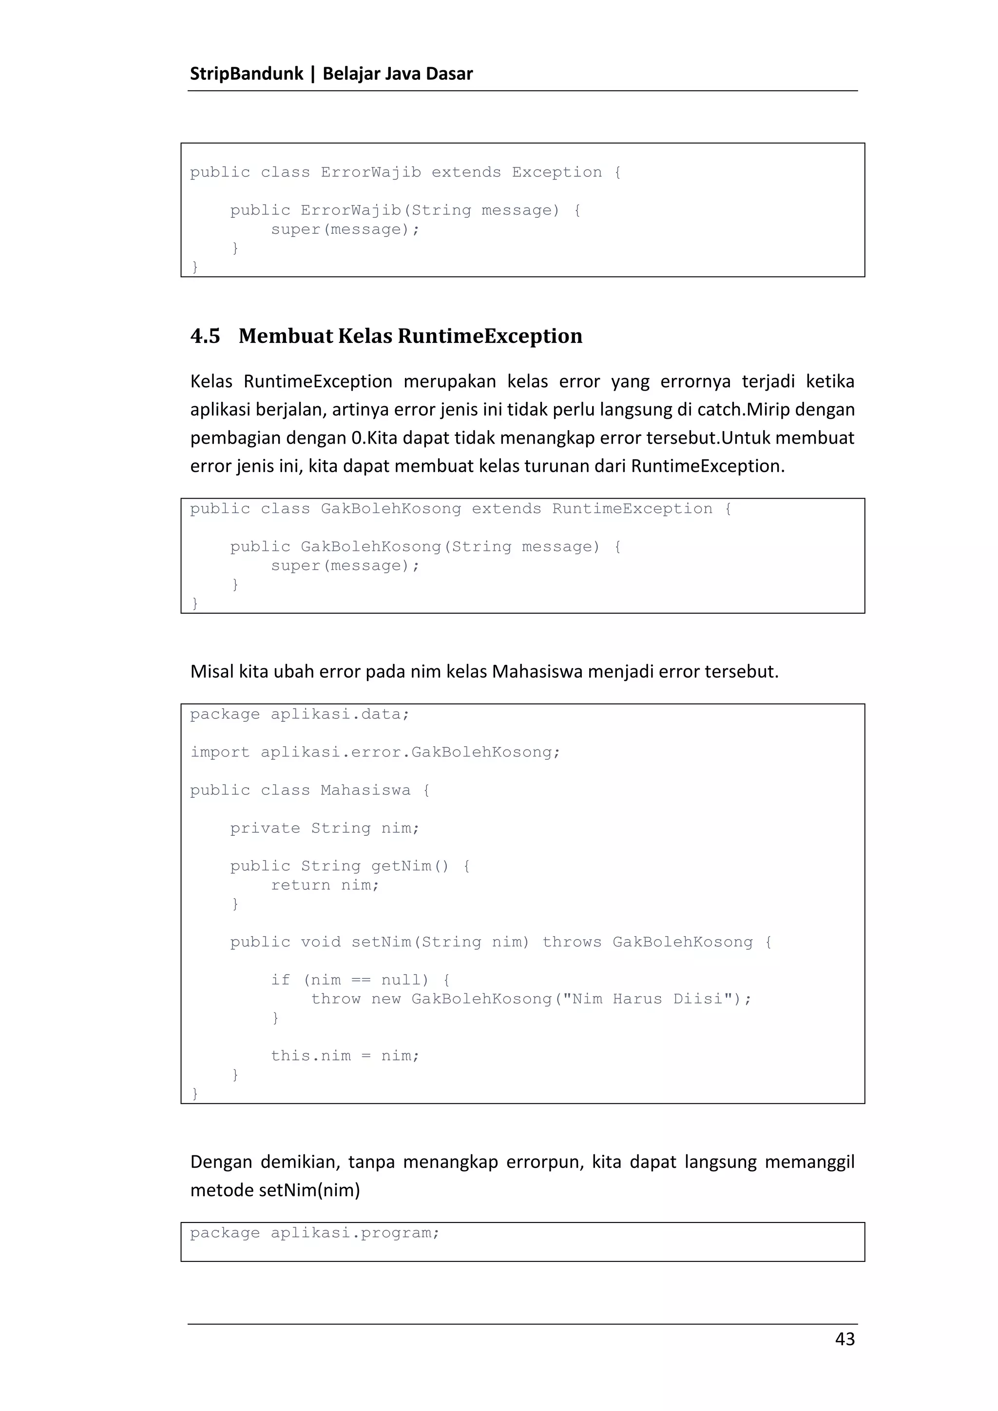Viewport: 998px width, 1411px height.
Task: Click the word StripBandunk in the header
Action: coord(247,74)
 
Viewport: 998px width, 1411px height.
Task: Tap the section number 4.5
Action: coord(205,336)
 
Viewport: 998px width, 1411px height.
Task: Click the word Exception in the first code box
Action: coord(557,173)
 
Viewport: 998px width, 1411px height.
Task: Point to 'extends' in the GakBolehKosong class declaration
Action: coord(506,509)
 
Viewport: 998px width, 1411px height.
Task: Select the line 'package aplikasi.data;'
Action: coord(300,714)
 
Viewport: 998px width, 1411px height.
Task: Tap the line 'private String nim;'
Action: coord(325,828)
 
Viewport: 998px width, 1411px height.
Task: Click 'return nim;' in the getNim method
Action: coord(325,885)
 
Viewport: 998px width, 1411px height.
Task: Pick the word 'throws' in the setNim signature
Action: coord(572,942)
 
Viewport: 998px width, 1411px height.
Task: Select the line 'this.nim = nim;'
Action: coord(345,1056)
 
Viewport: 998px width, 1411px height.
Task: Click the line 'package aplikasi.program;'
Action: coord(315,1233)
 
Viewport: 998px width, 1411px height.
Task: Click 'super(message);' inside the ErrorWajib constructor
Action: coord(345,230)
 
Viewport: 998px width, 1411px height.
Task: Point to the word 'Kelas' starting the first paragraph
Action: coord(211,382)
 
